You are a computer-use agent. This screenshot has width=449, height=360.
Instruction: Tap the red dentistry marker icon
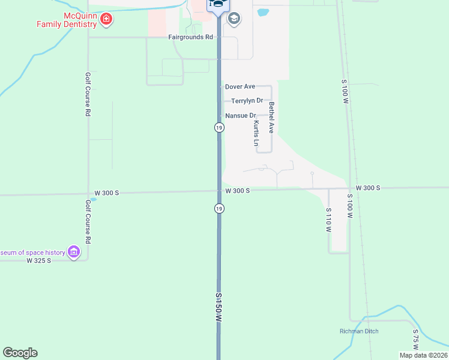coord(106,19)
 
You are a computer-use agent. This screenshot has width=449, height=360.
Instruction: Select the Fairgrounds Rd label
coord(191,37)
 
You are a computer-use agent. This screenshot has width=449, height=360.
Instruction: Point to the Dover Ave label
coord(240,87)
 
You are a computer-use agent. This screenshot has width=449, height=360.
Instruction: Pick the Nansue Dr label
coord(241,115)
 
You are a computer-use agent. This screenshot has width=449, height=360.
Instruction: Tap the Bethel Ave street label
coord(271,118)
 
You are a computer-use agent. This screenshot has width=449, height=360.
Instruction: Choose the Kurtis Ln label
coord(256,133)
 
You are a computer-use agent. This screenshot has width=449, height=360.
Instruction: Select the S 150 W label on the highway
coord(220,308)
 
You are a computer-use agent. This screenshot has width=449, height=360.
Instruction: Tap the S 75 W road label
coord(415,339)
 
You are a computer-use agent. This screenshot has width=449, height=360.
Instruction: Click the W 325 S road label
coord(39,260)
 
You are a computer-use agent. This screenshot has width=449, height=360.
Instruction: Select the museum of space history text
coord(32,253)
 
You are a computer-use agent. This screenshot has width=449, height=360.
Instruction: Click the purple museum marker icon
coord(74,251)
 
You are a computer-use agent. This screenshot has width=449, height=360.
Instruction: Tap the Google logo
coord(20,353)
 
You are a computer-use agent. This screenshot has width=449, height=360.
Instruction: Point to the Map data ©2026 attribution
coord(423,355)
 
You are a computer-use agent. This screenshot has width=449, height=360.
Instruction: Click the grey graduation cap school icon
coord(234,19)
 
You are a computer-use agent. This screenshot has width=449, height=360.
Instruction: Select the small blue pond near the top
coord(262,12)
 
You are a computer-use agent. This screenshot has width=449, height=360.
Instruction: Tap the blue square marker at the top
coord(217,5)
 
